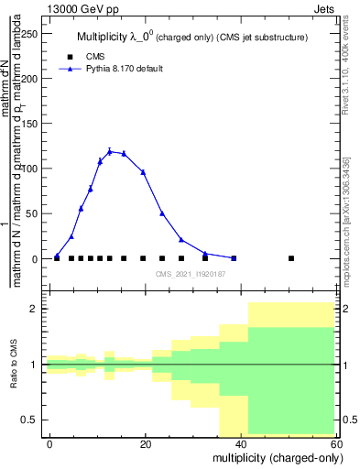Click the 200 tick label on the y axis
(x=31, y=79)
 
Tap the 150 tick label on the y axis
(x=31, y=124)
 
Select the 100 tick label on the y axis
(x=31, y=169)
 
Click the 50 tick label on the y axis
(x=34, y=213)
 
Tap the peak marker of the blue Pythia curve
(x=109, y=151)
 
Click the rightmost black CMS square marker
(x=291, y=258)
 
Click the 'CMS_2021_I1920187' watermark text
(x=190, y=274)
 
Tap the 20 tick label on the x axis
(x=146, y=444)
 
